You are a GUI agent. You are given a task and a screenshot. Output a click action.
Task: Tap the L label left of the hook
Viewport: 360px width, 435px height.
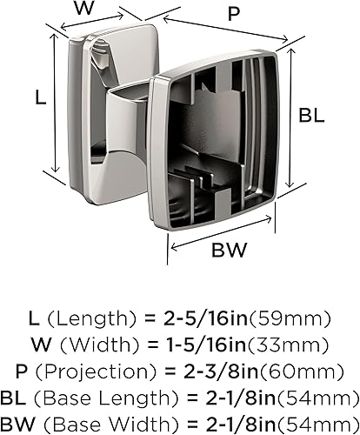[40, 98]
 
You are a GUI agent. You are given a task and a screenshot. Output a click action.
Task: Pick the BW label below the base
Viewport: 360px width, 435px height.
[230, 251]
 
